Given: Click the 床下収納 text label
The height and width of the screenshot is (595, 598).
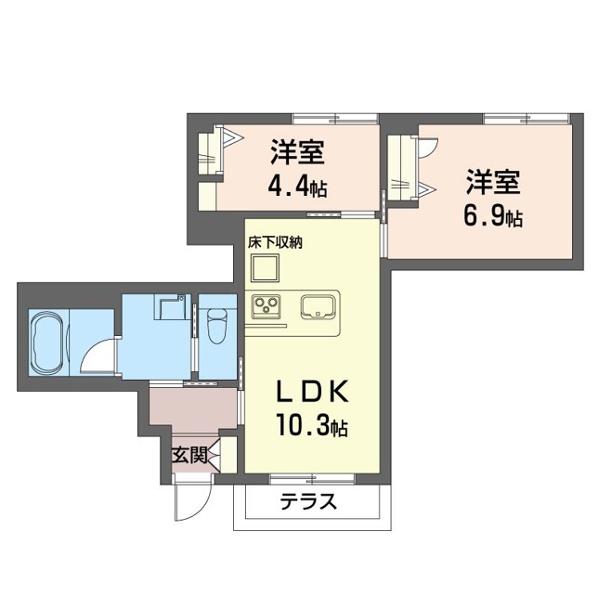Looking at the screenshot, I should [x=275, y=241].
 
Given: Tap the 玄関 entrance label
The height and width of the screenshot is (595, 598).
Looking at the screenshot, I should [x=188, y=456].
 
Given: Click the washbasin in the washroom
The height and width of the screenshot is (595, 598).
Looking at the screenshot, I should [x=170, y=306].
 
